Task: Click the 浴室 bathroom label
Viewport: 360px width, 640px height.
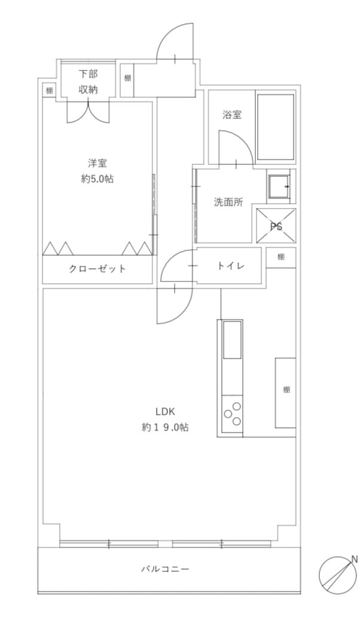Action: coord(231,115)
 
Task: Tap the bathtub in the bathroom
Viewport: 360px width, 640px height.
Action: coord(276,127)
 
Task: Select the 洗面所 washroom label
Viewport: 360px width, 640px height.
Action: coord(228,202)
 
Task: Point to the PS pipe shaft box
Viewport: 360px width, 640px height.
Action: coord(276,226)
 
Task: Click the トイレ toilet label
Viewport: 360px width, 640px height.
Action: coord(230,266)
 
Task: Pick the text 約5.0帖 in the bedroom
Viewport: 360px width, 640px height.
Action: coord(97,179)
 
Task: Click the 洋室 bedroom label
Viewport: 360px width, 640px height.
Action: coord(97,163)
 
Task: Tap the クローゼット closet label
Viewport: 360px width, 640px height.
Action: coord(97,268)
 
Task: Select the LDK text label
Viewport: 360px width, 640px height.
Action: coord(165,411)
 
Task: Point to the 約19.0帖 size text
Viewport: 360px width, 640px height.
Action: coord(165,427)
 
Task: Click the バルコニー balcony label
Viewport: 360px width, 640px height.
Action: coord(165,568)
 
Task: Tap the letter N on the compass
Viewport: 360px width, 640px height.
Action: coord(354,559)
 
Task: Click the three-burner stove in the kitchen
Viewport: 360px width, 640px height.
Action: coord(232,414)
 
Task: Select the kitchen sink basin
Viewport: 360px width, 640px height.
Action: coord(232,339)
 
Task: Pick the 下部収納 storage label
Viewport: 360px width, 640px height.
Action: coord(88,82)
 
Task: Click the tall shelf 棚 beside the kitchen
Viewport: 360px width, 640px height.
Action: coord(285,393)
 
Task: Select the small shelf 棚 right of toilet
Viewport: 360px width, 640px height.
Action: coord(280,258)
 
